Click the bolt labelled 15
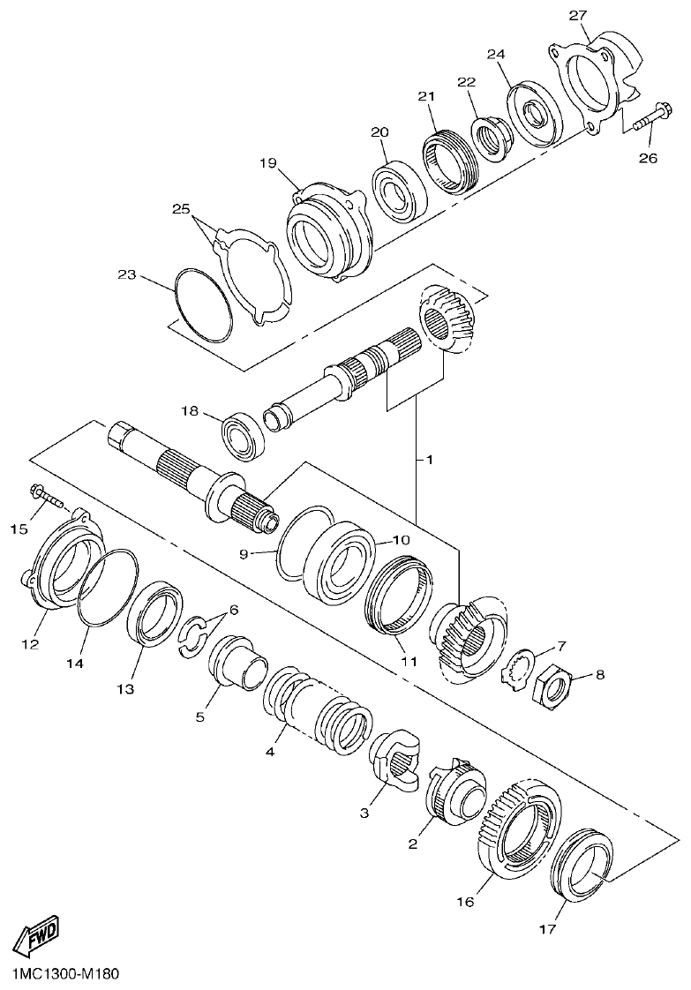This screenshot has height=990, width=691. point(49,499)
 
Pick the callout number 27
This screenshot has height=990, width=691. point(577,15)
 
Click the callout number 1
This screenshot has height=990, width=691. point(429,460)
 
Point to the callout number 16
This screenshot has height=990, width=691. point(465,901)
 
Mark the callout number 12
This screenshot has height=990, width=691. point(30,644)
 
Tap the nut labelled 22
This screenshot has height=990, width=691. point(489,135)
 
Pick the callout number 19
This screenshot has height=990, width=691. point(269,162)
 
